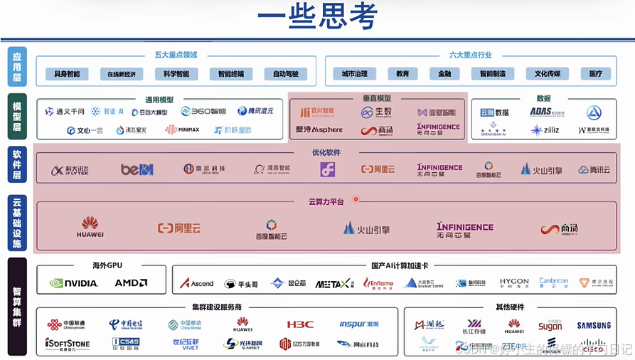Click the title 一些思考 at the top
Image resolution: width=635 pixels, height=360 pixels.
click(x=317, y=17)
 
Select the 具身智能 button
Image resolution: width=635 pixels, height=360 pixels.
click(x=67, y=74)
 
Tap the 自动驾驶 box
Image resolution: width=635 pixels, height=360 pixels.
click(x=286, y=74)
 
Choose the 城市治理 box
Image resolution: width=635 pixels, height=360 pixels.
click(x=354, y=74)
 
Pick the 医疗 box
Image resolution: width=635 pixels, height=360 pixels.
click(x=591, y=74)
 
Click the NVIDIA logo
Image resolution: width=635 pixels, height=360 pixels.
click(x=74, y=282)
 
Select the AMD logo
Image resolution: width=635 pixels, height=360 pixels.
click(x=132, y=282)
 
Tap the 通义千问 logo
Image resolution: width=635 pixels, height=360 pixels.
click(x=65, y=112)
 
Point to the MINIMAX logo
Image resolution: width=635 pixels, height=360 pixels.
click(x=182, y=129)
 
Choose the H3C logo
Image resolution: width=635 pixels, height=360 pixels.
click(x=300, y=324)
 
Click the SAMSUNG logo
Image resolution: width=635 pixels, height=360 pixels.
click(x=594, y=326)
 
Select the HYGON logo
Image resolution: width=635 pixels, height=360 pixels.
click(x=513, y=282)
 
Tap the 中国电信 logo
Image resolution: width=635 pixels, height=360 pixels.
click(x=125, y=324)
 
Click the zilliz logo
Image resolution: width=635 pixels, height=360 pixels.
click(x=545, y=130)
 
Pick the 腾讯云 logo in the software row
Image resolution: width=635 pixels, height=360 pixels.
click(x=594, y=169)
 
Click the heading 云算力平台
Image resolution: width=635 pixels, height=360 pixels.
click(x=326, y=202)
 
